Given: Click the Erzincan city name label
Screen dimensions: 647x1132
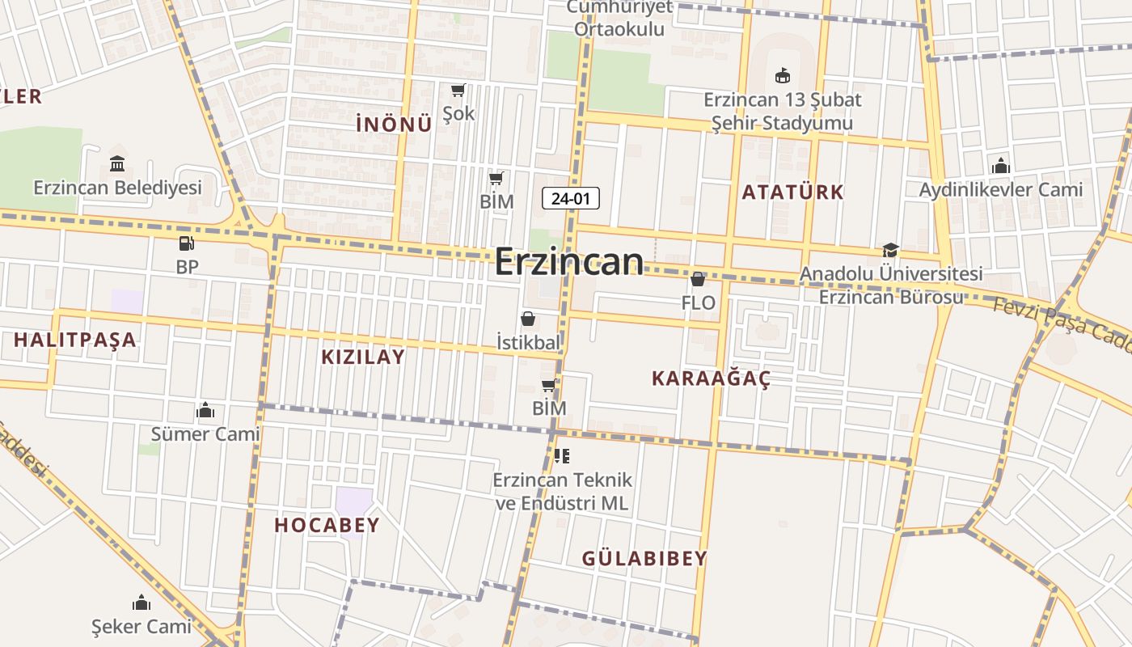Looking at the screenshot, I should pyautogui.click(x=569, y=262).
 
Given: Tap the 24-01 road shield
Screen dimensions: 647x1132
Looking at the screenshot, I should pyautogui.click(x=570, y=198).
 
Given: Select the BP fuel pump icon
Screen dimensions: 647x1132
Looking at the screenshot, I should pyautogui.click(x=187, y=243).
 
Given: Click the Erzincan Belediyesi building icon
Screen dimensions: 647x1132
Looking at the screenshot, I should pyautogui.click(x=117, y=164).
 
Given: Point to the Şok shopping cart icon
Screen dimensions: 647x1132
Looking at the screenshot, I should pyautogui.click(x=458, y=90).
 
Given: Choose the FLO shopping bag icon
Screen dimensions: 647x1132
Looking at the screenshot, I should pyautogui.click(x=698, y=280).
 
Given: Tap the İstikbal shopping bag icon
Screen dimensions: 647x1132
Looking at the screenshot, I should pyautogui.click(x=528, y=319).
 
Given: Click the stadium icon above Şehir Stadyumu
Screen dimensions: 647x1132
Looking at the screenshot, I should pyautogui.click(x=782, y=76).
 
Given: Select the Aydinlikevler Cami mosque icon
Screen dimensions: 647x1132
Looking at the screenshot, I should pyautogui.click(x=1000, y=166).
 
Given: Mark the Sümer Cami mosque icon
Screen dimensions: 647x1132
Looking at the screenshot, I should pyautogui.click(x=205, y=411).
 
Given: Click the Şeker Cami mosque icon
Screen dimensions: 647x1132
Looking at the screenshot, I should pyautogui.click(x=141, y=603).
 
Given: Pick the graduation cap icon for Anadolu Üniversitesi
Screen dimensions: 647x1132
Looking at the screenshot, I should pyautogui.click(x=890, y=251).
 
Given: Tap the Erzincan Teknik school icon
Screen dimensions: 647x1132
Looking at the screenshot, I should pyautogui.click(x=562, y=456).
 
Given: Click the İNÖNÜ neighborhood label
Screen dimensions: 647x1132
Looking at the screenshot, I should pyautogui.click(x=394, y=124).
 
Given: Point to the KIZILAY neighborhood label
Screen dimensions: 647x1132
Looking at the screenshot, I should pyautogui.click(x=363, y=357).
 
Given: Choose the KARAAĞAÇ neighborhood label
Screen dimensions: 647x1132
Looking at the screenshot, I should pyautogui.click(x=711, y=378).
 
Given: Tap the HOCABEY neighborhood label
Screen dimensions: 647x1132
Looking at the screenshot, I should pyautogui.click(x=327, y=526).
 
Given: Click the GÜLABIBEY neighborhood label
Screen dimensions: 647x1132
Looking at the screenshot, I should pyautogui.click(x=644, y=558).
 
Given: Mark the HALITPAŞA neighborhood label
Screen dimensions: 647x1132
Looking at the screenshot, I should pyautogui.click(x=75, y=340).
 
